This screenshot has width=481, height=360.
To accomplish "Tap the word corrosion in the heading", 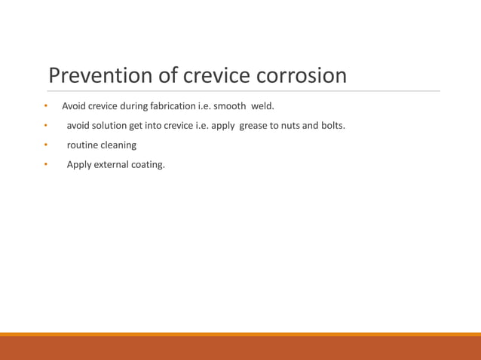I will [x=302, y=75].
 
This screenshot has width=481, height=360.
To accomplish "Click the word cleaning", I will [x=118, y=145].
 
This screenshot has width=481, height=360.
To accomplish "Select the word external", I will [x=112, y=164].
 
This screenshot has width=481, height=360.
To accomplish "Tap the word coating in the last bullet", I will [x=148, y=164].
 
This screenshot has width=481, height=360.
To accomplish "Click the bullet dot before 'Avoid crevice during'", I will [x=45, y=105].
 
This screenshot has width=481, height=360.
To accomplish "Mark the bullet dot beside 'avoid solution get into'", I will [x=45, y=125].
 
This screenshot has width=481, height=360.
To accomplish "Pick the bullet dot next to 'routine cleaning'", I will [x=45, y=145].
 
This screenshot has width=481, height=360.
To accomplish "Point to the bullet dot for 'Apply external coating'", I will [x=45, y=164].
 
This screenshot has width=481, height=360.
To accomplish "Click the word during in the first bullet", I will [x=134, y=105].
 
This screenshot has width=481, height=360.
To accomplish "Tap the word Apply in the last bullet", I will [x=79, y=164].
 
